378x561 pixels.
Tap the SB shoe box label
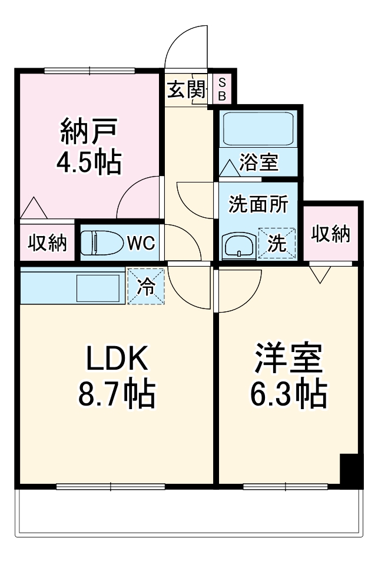222,89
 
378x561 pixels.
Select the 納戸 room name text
89,131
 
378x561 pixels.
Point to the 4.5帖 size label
89,162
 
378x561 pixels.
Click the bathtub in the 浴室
258,128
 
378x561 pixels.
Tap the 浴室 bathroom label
258,162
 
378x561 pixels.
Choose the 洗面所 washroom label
258,204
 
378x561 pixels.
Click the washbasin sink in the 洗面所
239,246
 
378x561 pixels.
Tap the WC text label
141,243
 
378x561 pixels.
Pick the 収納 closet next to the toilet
47,243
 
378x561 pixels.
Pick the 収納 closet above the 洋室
330,234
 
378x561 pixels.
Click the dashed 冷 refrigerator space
146,287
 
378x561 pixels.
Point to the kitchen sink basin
98,288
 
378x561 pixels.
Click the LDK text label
117,358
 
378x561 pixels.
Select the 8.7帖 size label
117,394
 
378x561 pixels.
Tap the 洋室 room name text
289,358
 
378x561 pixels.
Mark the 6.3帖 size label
289,394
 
